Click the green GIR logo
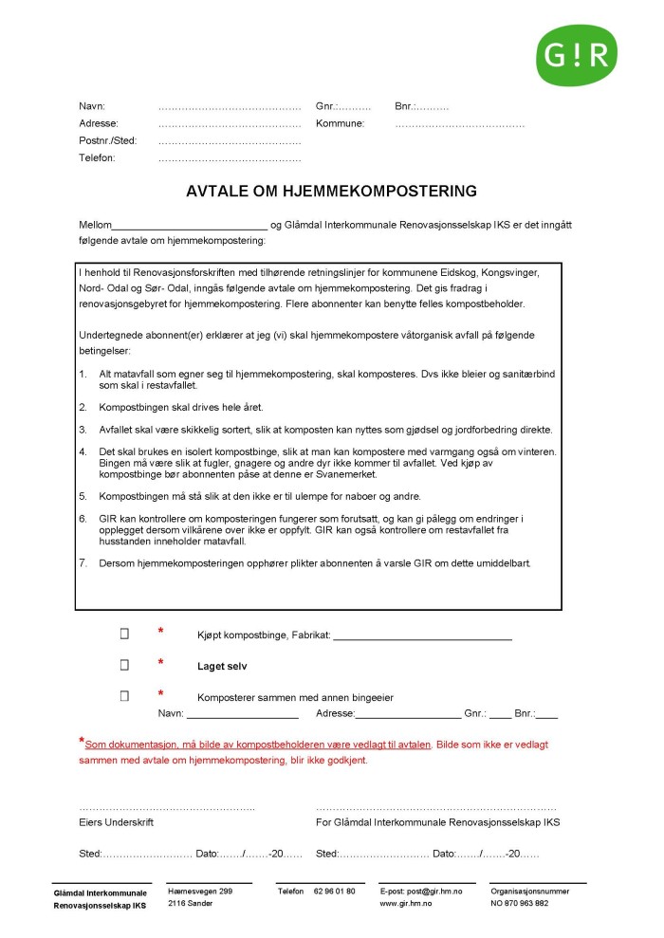pyautogui.click(x=576, y=55)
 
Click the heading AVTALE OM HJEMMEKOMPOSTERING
pyautogui.click(x=331, y=192)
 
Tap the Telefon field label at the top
pyautogui.click(x=97, y=157)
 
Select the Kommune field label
pyautogui.click(x=341, y=123)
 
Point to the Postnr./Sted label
pyautogui.click(x=108, y=140)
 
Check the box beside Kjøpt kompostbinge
pyautogui.click(x=124, y=633)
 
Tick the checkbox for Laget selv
pyautogui.click(x=124, y=665)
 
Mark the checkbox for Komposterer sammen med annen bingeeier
pyautogui.click(x=124, y=696)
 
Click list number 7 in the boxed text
pyautogui.click(x=83, y=562)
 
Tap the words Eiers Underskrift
pyautogui.click(x=116, y=822)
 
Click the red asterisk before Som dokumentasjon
pyautogui.click(x=82, y=741)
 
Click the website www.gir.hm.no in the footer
pyautogui.click(x=407, y=904)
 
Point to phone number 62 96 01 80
pyautogui.click(x=334, y=892)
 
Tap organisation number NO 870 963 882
pyautogui.click(x=519, y=904)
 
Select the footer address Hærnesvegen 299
pyautogui.click(x=199, y=892)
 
